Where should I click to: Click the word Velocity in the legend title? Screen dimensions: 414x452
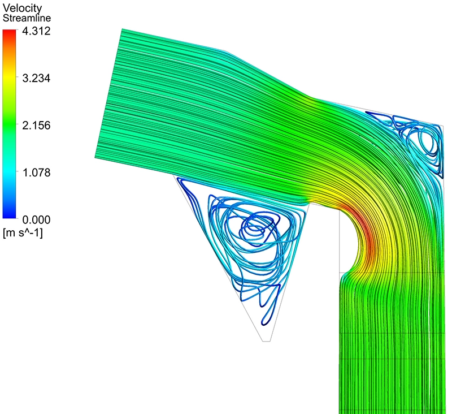tap(18, 8)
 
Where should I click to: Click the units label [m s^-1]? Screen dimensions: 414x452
tap(23, 232)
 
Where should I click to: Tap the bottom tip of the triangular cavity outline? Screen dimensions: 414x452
tap(267, 341)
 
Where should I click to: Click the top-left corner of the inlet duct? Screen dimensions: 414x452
tap(122, 29)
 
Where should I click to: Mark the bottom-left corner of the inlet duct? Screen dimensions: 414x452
tap(95, 157)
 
